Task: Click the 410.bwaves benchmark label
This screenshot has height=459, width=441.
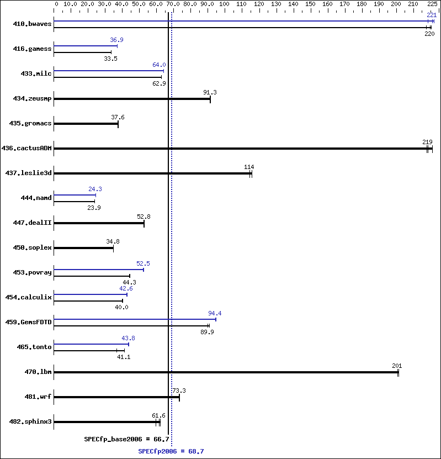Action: point(32,24)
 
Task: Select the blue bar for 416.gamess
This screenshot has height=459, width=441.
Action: point(86,46)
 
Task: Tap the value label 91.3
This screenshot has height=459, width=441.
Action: point(210,92)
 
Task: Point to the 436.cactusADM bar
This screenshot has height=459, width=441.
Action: point(243,149)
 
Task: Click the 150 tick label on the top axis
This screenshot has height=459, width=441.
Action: point(310,4)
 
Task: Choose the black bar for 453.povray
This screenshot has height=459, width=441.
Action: point(92,276)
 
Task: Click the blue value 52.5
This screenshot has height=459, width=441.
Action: point(143,264)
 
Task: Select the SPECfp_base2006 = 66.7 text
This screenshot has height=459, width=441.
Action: point(126,439)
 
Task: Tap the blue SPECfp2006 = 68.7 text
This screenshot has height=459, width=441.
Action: point(171,451)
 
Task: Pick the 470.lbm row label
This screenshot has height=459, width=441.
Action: point(38,372)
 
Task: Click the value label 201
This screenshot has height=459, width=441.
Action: point(397,366)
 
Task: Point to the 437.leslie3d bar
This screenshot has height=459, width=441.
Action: point(153,173)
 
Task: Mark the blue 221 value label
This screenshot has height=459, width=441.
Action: point(432,15)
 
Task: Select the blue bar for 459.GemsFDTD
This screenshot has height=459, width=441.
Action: point(135,319)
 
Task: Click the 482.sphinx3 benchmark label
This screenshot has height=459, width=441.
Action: point(30,421)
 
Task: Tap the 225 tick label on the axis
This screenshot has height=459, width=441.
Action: point(432,4)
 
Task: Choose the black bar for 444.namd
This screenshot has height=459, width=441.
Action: point(75,202)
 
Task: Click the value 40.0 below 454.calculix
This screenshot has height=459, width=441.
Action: point(121,307)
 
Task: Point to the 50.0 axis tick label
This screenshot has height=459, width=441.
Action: point(139,4)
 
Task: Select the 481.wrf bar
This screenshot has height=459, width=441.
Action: point(116,397)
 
